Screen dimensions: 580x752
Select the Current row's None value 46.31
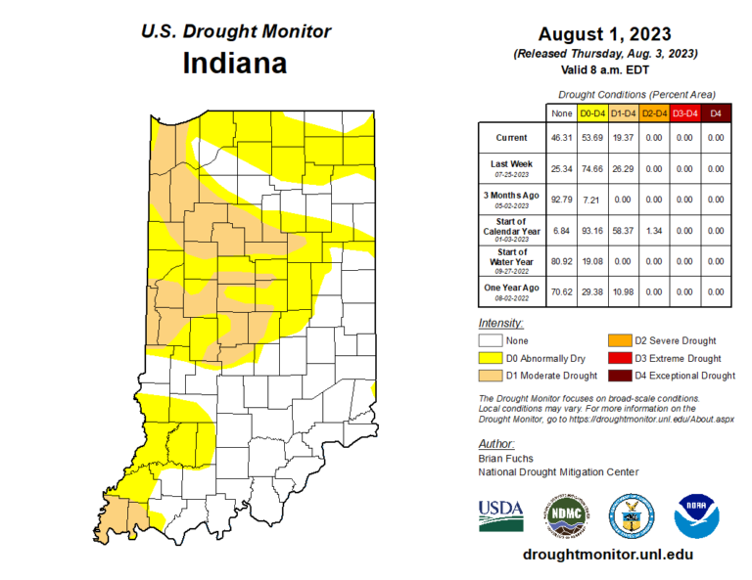[562, 138]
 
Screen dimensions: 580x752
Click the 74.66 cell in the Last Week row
[591, 169]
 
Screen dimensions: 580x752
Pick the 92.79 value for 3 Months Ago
[562, 200]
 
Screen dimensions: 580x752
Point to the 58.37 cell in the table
[623, 230]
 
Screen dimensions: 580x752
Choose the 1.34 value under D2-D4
[654, 230]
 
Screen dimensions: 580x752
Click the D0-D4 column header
[591, 112]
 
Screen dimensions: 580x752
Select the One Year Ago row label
[510, 290]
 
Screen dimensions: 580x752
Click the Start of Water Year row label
[510, 260]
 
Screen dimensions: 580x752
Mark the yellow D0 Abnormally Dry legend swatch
[490, 358]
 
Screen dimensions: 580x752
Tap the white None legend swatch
[490, 340]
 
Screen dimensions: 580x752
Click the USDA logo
[500, 513]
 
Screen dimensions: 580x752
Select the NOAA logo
[696, 513]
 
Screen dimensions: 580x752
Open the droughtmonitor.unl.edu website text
[609, 554]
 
